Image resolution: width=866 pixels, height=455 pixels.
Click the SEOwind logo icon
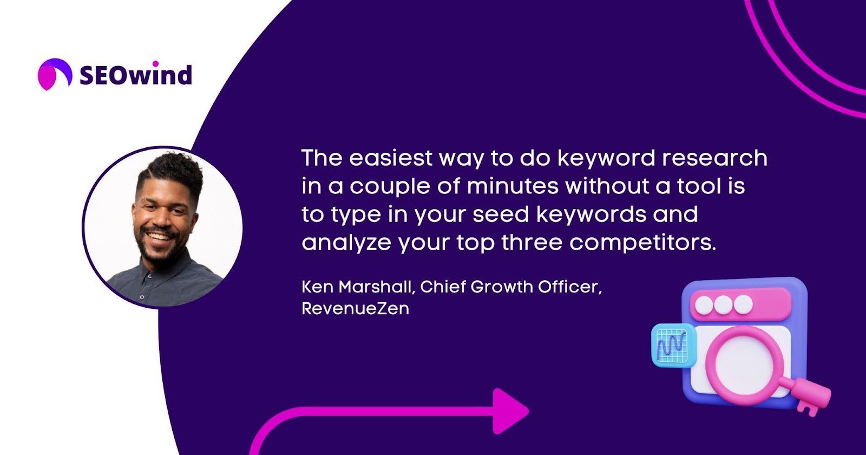(x=55, y=74)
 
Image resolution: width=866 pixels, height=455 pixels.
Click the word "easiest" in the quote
(x=390, y=158)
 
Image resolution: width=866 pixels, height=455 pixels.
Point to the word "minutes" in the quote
(x=513, y=186)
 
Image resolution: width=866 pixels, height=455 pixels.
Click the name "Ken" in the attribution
(x=317, y=287)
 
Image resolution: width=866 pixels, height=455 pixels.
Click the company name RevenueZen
(x=355, y=308)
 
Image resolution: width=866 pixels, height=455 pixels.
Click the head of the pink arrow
(x=509, y=411)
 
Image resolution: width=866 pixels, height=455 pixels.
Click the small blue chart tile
(x=673, y=345)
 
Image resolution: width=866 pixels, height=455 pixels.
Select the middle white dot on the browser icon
(x=723, y=305)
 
